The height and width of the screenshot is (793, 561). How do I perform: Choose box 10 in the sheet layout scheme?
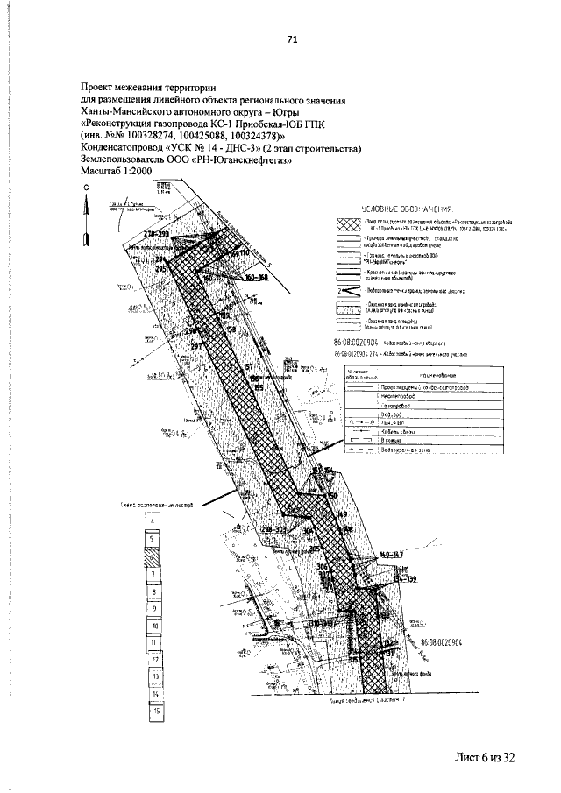coord(153,627)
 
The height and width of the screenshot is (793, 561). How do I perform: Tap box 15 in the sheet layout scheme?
coord(153,711)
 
